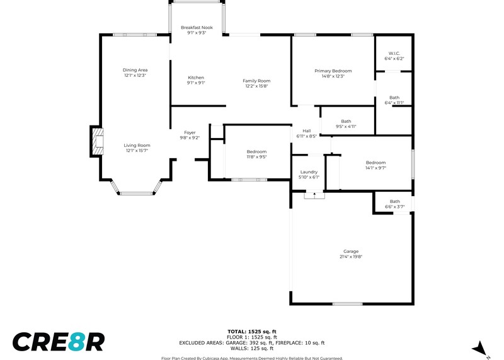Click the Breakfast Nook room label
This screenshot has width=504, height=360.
click(197, 28)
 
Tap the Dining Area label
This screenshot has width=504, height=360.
click(135, 70)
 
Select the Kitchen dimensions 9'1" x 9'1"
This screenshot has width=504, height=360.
click(196, 83)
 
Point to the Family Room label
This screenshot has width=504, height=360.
click(256, 81)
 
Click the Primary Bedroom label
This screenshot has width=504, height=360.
click(333, 71)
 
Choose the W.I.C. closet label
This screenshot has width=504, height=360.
click(394, 54)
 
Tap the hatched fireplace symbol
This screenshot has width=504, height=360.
click(98, 142)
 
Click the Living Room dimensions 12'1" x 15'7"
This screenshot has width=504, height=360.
click(137, 151)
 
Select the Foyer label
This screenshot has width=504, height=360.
click(190, 132)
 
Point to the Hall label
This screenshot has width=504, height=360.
click(307, 131)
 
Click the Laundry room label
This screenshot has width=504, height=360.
click(309, 172)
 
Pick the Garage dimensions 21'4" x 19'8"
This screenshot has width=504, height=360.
click(351, 257)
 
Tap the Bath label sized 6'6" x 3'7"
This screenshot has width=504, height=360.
click(395, 201)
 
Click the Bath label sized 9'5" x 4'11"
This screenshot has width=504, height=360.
click(346, 121)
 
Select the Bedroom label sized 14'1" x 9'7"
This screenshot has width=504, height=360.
click(375, 163)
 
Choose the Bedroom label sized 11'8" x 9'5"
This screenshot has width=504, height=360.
click(256, 152)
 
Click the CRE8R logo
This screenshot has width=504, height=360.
click(59, 342)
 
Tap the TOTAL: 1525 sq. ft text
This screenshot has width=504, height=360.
click(252, 332)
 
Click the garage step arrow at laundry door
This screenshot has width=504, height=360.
click(314, 194)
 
